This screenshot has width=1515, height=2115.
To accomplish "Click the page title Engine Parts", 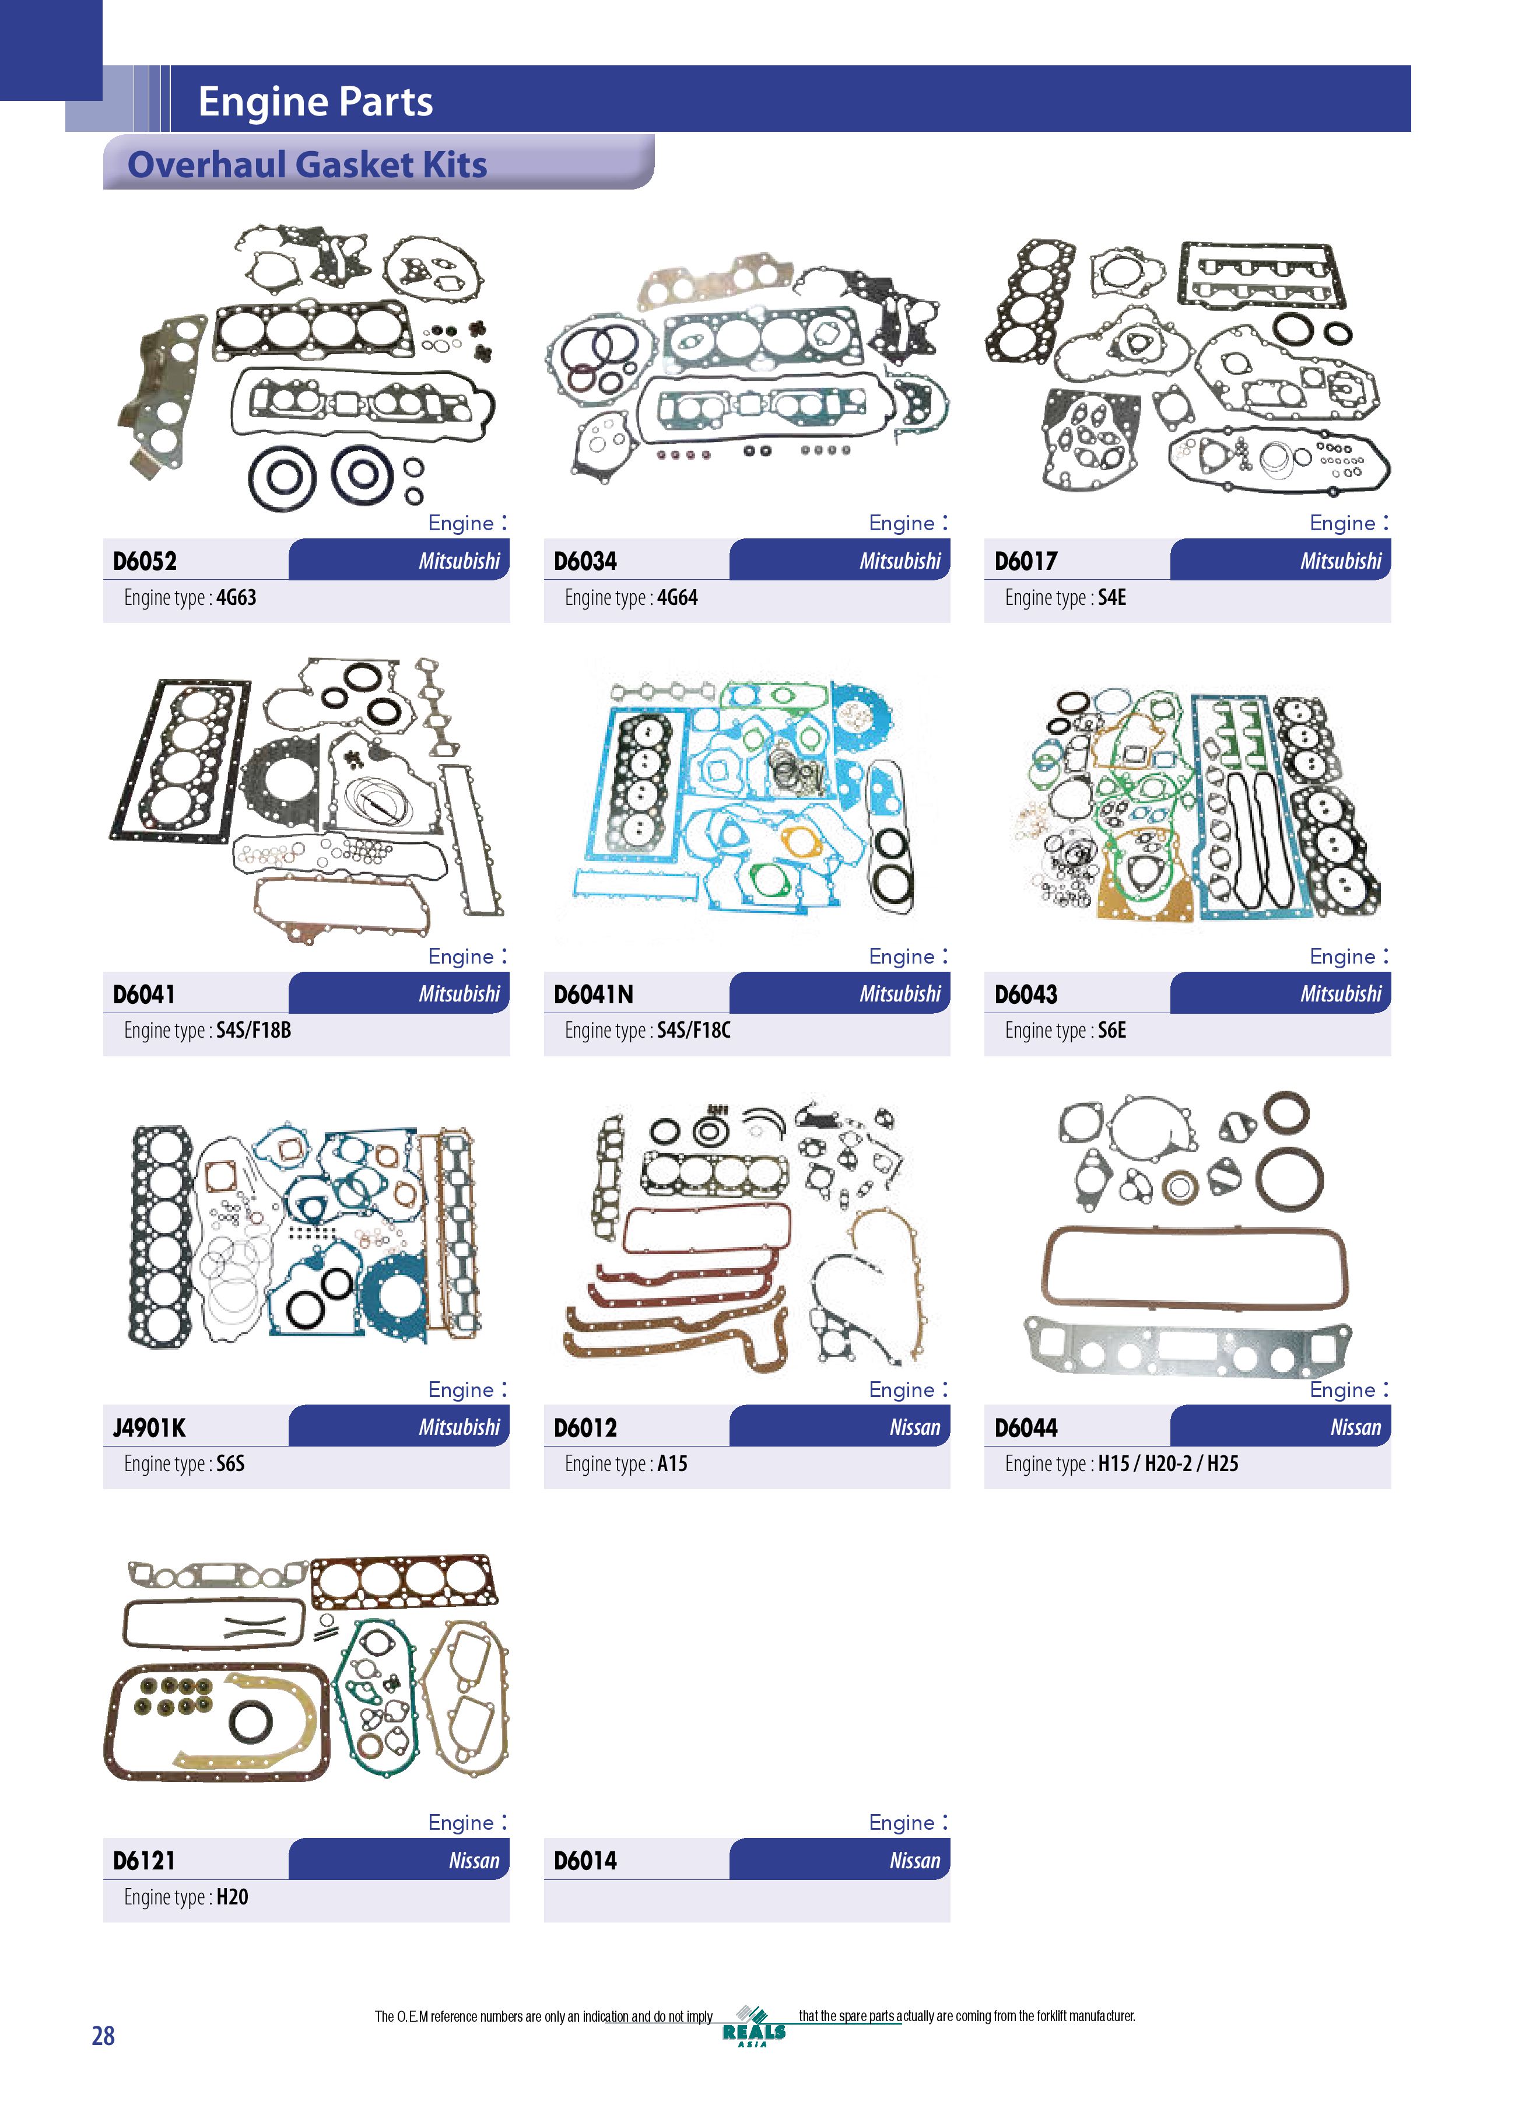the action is pyautogui.click(x=315, y=101).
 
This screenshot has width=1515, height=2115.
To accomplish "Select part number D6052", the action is pyautogui.click(x=145, y=561).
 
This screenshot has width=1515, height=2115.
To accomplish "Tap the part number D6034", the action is pyautogui.click(x=585, y=561).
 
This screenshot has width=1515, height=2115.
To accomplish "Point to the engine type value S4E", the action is pyautogui.click(x=1111, y=597).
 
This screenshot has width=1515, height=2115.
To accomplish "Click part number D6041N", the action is pyautogui.click(x=593, y=994).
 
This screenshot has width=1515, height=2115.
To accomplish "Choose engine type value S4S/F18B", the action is pyautogui.click(x=254, y=1031).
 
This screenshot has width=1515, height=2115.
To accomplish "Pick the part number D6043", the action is pyautogui.click(x=1026, y=994).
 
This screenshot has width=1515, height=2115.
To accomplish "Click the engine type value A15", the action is pyautogui.click(x=672, y=1463).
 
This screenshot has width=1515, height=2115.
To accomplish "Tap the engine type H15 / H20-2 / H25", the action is pyautogui.click(x=1168, y=1463).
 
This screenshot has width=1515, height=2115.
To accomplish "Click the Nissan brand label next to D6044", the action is pyautogui.click(x=1356, y=1427).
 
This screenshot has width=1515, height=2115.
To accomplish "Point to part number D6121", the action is pyautogui.click(x=143, y=1861).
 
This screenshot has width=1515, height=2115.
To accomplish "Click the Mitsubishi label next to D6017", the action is pyautogui.click(x=1341, y=561).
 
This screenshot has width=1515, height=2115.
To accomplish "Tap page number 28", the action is pyautogui.click(x=103, y=2036).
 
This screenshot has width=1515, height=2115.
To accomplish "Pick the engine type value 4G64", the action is pyautogui.click(x=677, y=597).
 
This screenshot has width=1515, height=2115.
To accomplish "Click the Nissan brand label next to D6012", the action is pyautogui.click(x=914, y=1427).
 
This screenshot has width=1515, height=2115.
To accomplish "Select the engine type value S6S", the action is pyautogui.click(x=230, y=1463).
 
